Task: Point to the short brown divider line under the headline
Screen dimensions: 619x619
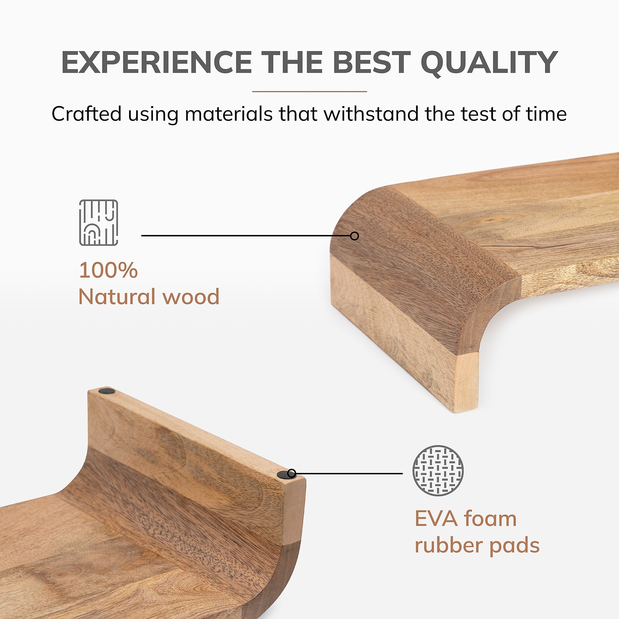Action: point(309,92)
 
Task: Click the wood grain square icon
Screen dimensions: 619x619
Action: point(99,223)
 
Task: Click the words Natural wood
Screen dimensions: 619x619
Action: point(149,297)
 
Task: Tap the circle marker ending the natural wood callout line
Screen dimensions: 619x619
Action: point(354,236)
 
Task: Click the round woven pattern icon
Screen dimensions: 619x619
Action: point(438,471)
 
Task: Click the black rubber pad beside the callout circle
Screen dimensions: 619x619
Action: point(283,475)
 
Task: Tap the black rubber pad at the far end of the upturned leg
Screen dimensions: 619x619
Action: point(107,391)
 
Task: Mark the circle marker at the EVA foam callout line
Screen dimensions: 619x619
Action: point(292,473)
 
